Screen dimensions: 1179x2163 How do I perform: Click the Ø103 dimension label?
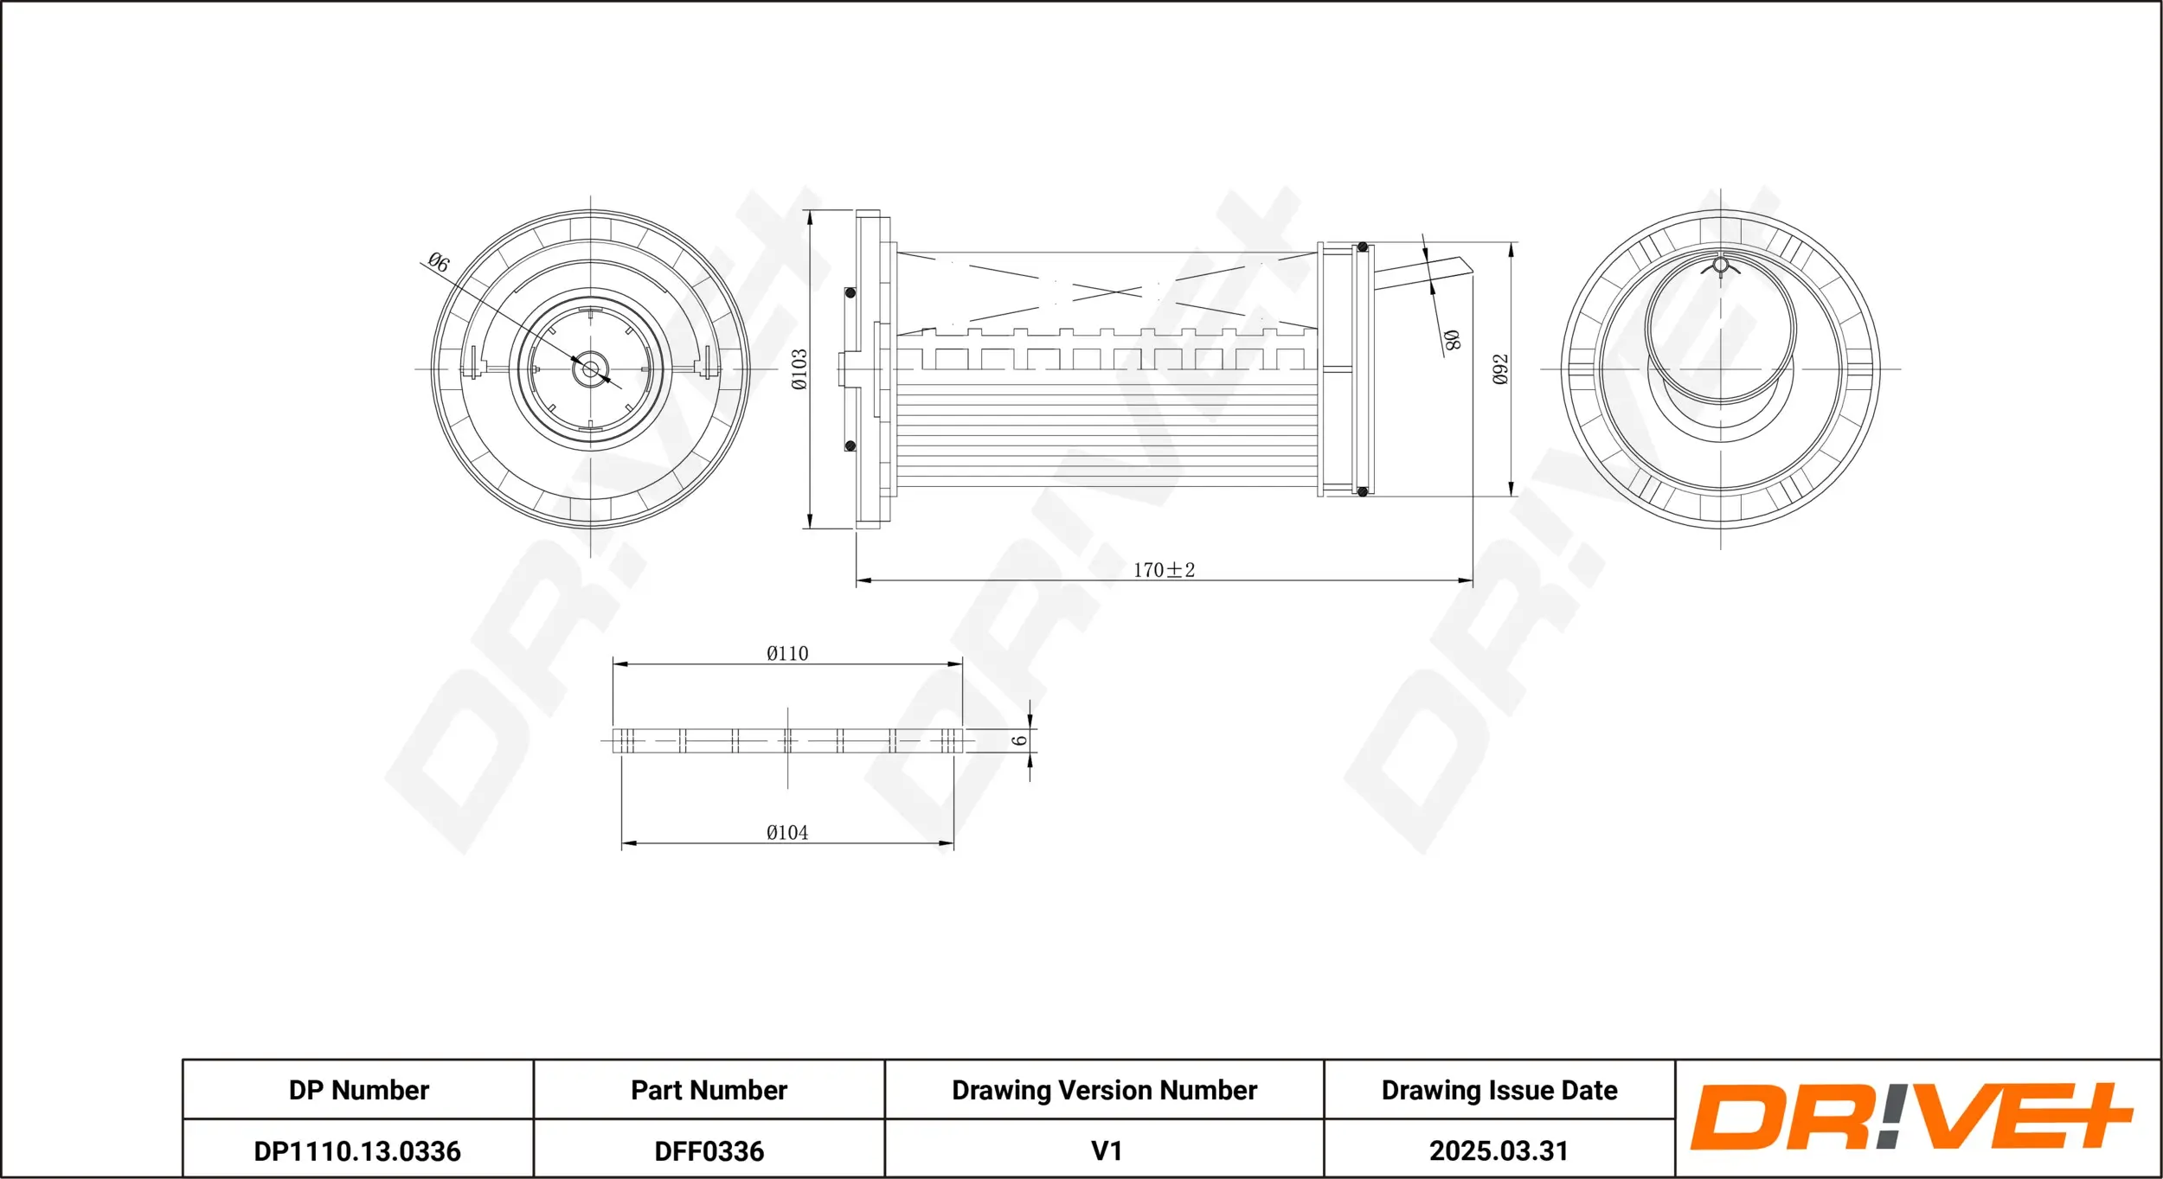pos(799,369)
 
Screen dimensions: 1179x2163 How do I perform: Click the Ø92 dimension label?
pos(1500,369)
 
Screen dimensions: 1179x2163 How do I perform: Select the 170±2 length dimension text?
pos(1164,570)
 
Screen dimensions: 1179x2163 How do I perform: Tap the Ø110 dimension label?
pos(787,654)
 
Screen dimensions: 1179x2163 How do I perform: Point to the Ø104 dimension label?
pos(787,833)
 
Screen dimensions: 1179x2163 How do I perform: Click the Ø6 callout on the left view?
pos(439,262)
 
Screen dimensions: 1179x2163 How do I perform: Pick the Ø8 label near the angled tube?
pos(1452,340)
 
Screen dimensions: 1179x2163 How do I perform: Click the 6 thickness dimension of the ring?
pos(1020,740)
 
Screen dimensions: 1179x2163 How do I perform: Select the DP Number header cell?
pos(358,1090)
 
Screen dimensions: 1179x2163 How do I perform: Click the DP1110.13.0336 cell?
pos(357,1151)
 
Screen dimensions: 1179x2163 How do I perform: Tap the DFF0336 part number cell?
pos(709,1151)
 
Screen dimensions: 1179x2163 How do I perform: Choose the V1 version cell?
pos(1106,1151)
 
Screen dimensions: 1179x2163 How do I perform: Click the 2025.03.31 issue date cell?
pos(1499,1151)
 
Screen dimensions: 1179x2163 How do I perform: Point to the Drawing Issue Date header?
pos(1499,1090)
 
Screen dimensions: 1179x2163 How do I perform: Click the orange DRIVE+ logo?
pos(1910,1118)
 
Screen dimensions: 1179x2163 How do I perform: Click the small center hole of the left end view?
pos(591,370)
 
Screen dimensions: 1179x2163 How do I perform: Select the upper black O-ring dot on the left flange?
pos(850,293)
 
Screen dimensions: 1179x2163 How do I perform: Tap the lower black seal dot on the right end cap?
pos(1362,491)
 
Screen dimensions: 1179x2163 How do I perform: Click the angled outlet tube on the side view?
pos(1419,275)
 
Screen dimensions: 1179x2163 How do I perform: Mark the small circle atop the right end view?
pos(1720,265)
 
